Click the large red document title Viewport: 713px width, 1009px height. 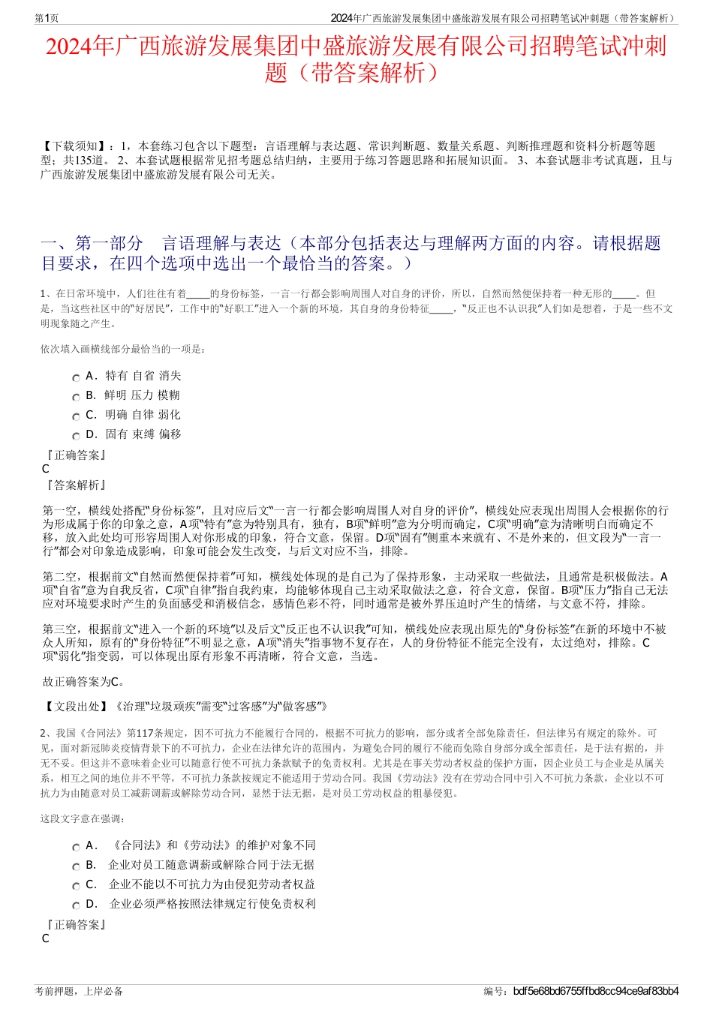tap(356, 59)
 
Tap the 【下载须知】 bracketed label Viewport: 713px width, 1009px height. tap(74, 146)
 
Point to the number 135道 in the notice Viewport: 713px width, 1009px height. tap(91, 161)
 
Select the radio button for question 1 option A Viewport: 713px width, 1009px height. tap(76, 377)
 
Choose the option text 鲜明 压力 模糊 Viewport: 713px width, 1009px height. tap(142, 395)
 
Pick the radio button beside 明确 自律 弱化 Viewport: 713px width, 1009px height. tap(76, 416)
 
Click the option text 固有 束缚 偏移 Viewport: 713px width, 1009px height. tap(143, 434)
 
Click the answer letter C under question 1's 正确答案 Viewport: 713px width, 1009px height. tap(46, 469)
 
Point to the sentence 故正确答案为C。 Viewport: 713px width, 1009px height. tap(84, 682)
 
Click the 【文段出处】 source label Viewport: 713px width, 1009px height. tap(75, 707)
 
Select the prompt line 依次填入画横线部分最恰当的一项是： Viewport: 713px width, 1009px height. tap(123, 349)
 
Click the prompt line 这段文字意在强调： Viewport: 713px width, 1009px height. tap(83, 818)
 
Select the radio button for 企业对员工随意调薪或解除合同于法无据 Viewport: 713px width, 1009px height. tap(76, 866)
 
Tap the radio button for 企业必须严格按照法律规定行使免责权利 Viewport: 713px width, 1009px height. tap(76, 905)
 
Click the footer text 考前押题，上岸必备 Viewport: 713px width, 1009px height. tap(79, 992)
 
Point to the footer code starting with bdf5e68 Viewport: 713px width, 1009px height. tap(596, 992)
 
